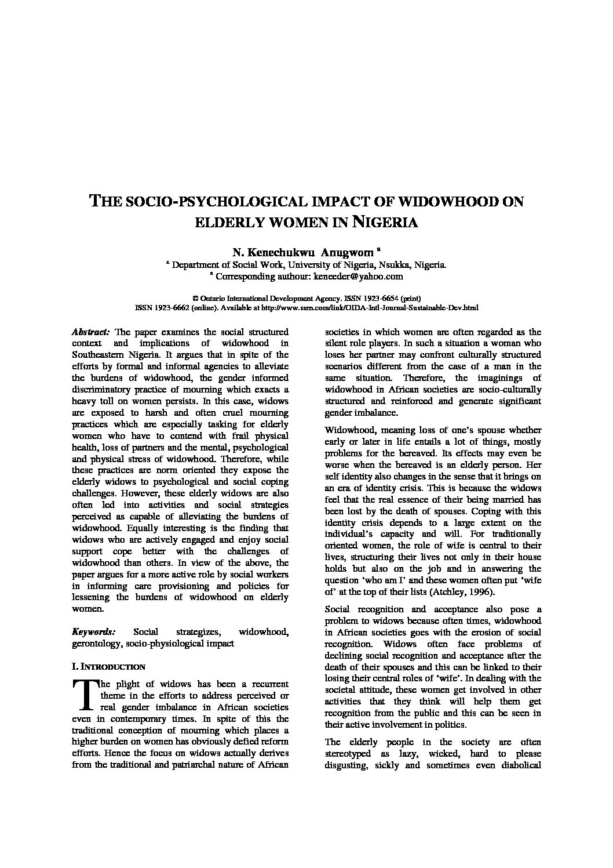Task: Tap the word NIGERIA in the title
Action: click(x=385, y=222)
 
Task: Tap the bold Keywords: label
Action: click(x=93, y=632)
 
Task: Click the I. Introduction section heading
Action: click(x=108, y=666)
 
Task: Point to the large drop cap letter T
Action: click(x=84, y=694)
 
